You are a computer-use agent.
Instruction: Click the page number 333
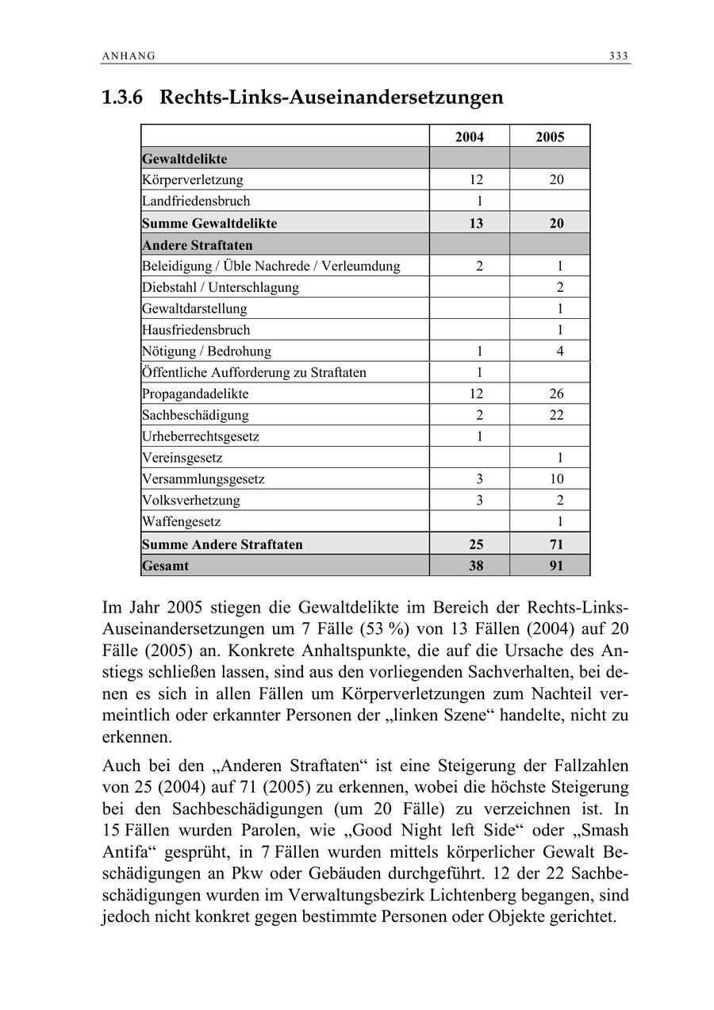point(619,56)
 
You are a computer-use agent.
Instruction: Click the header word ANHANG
point(129,56)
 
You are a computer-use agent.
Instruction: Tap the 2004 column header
point(470,137)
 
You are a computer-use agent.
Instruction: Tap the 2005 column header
point(550,137)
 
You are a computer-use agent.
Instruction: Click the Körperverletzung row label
point(193,180)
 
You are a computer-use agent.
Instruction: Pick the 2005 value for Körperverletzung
point(556,180)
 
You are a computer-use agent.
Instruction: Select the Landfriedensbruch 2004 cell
point(479,202)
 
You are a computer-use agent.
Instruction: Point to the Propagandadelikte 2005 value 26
point(556,394)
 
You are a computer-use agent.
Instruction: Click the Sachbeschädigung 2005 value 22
point(556,415)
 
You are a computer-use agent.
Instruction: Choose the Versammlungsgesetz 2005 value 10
point(556,479)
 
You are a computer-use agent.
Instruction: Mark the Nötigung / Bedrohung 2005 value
point(560,351)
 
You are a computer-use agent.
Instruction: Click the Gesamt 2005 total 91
point(556,566)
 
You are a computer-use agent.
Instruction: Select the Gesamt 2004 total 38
point(476,566)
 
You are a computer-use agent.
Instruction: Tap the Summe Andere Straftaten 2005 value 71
point(556,545)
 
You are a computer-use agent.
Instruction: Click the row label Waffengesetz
point(182,522)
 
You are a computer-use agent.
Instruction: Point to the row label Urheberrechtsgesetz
point(201,436)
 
